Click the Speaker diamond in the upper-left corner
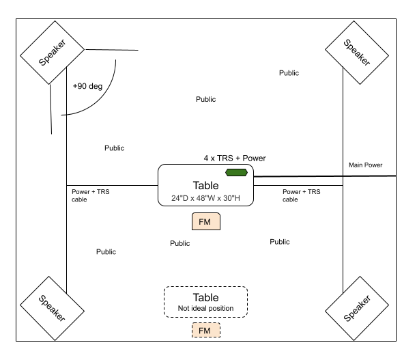(x=52, y=53)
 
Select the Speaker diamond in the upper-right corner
(x=357, y=53)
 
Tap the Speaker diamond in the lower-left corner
(x=52, y=308)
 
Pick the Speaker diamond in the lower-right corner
(x=357, y=308)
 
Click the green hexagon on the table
(x=236, y=173)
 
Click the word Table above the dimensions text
(x=205, y=185)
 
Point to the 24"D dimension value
(x=180, y=199)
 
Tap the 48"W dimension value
(x=205, y=199)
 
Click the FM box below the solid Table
(x=205, y=222)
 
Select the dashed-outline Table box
(x=205, y=301)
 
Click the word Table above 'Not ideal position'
(x=205, y=297)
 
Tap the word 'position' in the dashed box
(x=221, y=309)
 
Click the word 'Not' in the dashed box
(x=183, y=309)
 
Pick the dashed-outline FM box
(x=205, y=331)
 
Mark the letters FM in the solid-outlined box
(x=205, y=222)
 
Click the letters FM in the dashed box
(x=205, y=331)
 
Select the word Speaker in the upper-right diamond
(x=357, y=53)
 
